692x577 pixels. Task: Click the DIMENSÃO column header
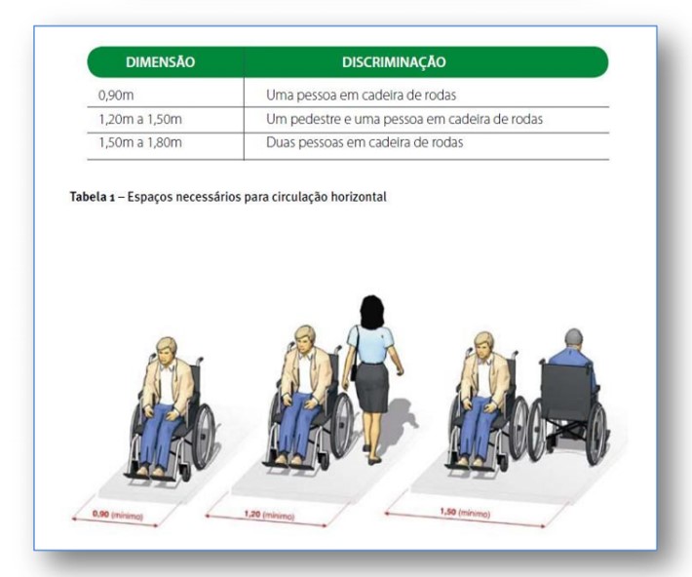pyautogui.click(x=160, y=61)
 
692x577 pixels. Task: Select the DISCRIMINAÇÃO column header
pyautogui.click(x=394, y=61)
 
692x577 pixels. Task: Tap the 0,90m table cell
pyautogui.click(x=116, y=96)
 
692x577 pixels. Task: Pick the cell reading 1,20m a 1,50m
pyautogui.click(x=140, y=119)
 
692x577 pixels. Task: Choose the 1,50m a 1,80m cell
pyautogui.click(x=140, y=142)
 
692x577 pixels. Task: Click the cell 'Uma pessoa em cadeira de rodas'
pyautogui.click(x=361, y=95)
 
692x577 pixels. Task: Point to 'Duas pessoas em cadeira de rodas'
pyautogui.click(x=365, y=142)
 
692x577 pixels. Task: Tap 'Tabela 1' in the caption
pyautogui.click(x=93, y=197)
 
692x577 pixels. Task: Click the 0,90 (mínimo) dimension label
pyautogui.click(x=117, y=515)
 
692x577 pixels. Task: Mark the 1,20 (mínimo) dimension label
pyautogui.click(x=269, y=515)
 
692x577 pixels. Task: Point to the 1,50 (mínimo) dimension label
pyautogui.click(x=465, y=513)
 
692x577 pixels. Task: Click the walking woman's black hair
pyautogui.click(x=371, y=312)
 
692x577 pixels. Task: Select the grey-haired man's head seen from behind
pyautogui.click(x=573, y=338)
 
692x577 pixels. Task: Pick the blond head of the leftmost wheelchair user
pyautogui.click(x=166, y=350)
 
